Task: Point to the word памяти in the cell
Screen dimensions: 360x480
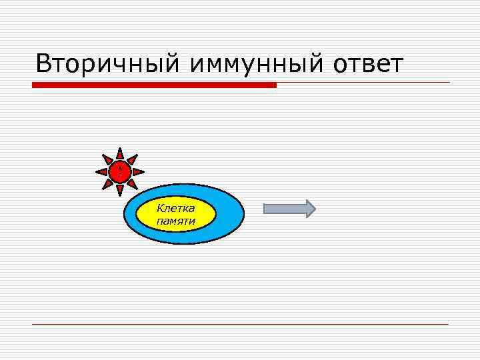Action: click(x=176, y=221)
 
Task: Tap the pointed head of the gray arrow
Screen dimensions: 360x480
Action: click(x=309, y=209)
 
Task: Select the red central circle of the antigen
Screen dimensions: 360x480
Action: click(x=120, y=172)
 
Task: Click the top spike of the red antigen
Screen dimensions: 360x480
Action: click(x=120, y=153)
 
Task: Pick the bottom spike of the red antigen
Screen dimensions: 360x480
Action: click(x=120, y=191)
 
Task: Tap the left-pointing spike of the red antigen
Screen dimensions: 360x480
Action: click(x=101, y=172)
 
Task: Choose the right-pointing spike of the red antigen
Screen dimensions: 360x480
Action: click(x=139, y=172)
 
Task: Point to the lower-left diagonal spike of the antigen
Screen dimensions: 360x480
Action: click(x=107, y=185)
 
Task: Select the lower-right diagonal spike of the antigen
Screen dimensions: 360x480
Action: click(x=133, y=185)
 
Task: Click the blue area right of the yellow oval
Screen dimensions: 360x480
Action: click(x=230, y=214)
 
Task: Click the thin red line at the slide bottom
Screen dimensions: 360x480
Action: click(x=240, y=324)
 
